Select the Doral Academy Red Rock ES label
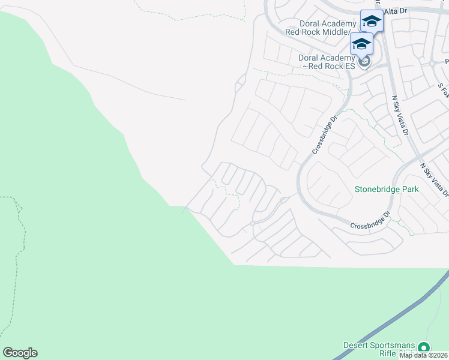click(x=327, y=62)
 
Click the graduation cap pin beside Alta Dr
click(x=372, y=22)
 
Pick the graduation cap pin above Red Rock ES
click(x=361, y=44)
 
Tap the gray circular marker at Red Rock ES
click(x=363, y=61)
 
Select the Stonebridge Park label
click(x=386, y=189)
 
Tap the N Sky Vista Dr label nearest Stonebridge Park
click(x=433, y=179)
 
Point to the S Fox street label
click(x=443, y=90)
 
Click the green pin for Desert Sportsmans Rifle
click(x=424, y=347)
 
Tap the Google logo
click(x=20, y=353)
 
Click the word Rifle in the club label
click(x=372, y=354)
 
